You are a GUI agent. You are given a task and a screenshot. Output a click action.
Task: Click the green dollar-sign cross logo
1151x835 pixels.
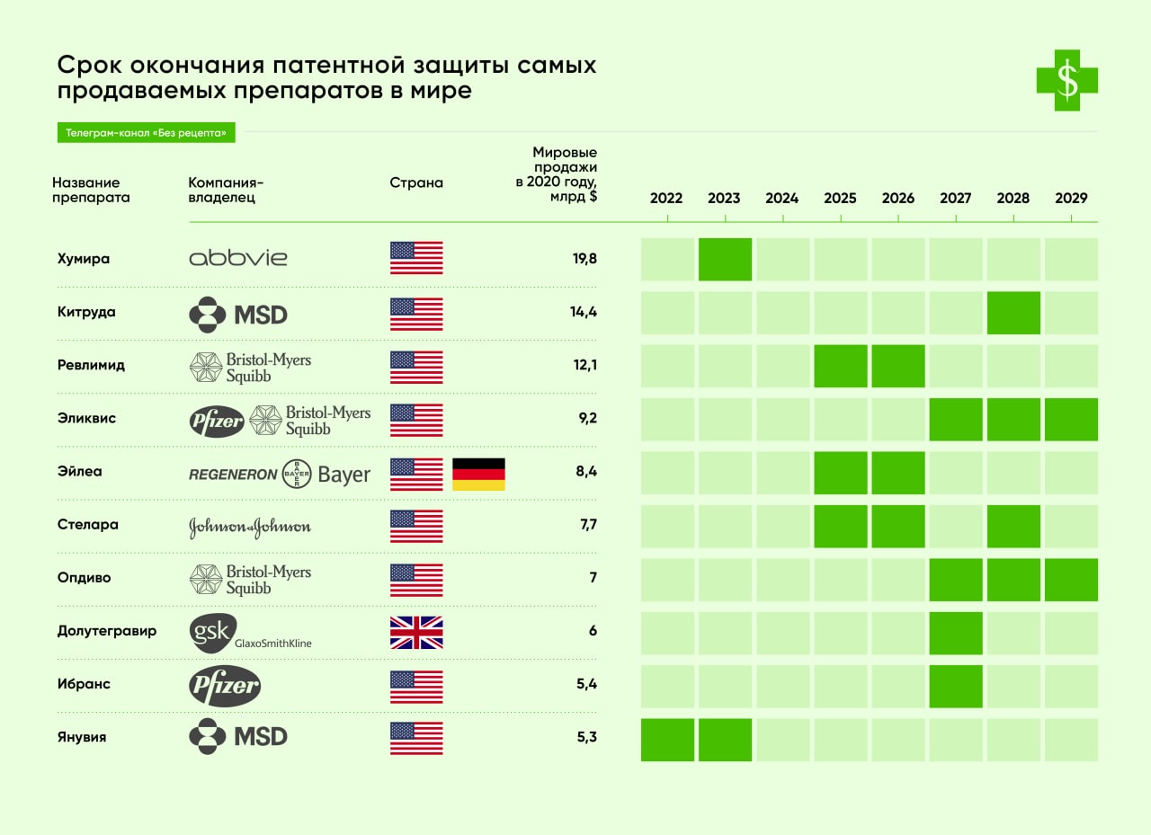point(1067,81)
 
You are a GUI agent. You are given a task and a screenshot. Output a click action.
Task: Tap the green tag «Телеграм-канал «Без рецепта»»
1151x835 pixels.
point(146,133)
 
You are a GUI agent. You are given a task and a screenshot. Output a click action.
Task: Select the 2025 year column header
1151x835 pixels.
point(840,199)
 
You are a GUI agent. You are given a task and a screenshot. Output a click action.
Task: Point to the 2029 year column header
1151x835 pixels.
point(1071,199)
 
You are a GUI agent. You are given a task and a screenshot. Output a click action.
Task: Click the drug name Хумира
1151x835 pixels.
point(84,259)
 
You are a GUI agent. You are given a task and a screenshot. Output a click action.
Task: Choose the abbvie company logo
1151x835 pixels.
point(238,259)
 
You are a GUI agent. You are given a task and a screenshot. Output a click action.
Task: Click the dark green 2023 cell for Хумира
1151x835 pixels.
point(725,260)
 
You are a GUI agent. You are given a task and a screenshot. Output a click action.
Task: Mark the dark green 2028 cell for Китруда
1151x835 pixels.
point(1013,313)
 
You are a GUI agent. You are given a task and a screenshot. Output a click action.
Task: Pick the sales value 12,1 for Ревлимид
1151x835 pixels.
point(585,365)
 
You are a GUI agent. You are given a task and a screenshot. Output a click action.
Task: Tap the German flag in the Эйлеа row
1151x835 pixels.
point(478,475)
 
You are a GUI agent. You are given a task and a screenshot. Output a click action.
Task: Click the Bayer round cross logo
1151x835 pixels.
point(297,474)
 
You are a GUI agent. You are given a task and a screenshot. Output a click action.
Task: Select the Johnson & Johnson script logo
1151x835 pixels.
point(250,528)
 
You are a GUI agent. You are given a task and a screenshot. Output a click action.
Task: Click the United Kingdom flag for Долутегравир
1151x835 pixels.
point(416,633)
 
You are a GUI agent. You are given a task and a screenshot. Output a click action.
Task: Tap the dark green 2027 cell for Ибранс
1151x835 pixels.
point(956,686)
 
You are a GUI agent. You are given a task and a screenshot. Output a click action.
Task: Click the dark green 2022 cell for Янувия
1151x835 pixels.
point(667,740)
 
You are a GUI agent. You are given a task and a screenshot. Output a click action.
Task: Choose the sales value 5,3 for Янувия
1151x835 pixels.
point(585,737)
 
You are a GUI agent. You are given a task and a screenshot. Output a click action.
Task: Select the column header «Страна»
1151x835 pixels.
point(416,183)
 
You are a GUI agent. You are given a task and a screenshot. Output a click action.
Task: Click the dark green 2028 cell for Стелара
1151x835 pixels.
point(1013,527)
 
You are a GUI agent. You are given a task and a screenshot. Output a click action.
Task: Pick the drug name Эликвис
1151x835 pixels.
point(86,418)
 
